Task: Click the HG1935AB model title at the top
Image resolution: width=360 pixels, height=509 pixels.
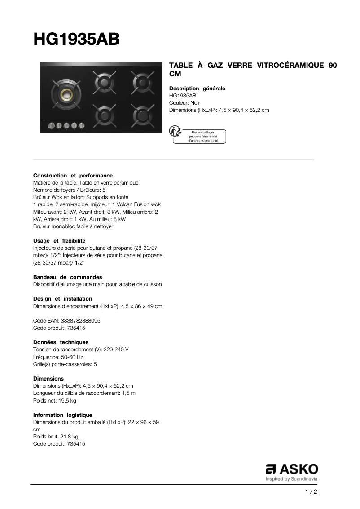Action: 76,39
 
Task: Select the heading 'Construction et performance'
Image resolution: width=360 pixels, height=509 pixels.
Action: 73,176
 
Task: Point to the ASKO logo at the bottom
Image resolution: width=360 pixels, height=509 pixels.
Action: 292,469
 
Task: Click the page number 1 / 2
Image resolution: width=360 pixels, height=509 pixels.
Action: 311,492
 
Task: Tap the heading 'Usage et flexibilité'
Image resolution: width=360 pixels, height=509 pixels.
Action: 59,241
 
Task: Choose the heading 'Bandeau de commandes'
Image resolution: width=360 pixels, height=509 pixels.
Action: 68,277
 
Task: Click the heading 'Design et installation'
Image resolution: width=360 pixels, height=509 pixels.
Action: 63,299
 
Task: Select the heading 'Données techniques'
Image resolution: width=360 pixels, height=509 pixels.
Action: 61,342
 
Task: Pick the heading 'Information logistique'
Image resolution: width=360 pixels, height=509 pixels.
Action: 63,415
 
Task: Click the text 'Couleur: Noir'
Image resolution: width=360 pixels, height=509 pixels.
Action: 184,103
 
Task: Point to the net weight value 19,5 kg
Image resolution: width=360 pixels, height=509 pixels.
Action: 67,400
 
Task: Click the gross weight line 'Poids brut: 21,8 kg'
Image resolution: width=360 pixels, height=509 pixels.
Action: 56,437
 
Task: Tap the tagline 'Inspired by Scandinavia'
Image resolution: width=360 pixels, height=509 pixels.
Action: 292,479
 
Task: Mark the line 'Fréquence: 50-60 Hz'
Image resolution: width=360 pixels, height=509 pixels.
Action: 58,357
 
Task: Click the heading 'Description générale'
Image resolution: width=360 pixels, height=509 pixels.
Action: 197,89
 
